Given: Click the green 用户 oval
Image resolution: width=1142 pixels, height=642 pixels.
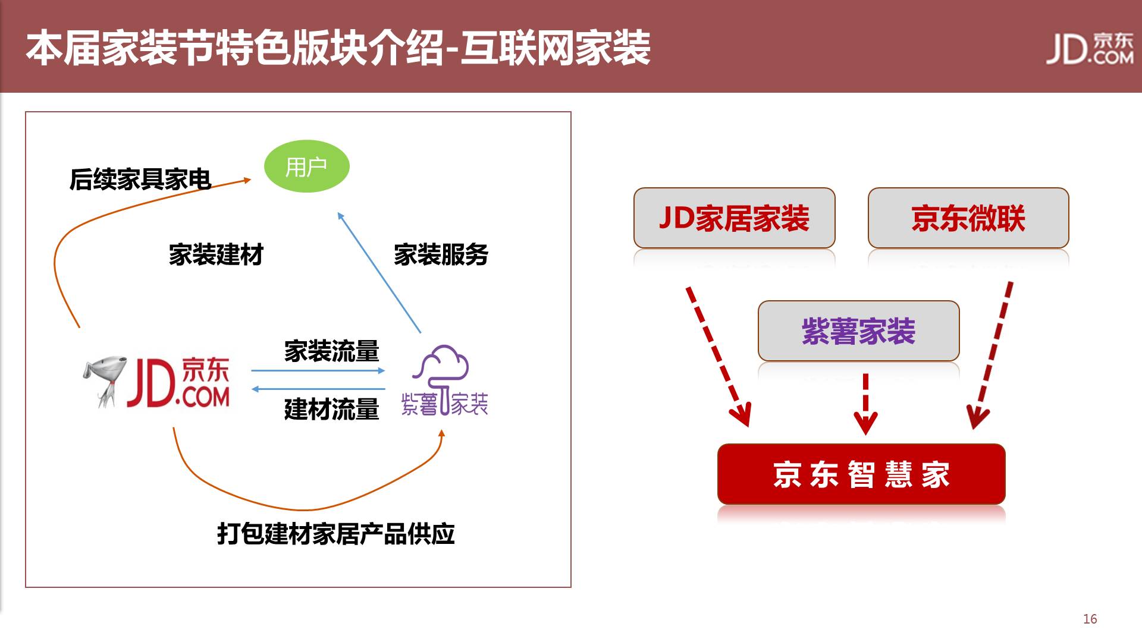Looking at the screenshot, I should [306, 166].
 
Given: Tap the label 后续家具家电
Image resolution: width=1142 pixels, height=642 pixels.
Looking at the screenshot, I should [140, 179].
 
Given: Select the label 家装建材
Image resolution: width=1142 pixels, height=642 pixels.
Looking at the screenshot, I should [216, 254].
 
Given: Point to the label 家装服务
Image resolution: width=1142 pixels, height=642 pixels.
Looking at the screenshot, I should [441, 254].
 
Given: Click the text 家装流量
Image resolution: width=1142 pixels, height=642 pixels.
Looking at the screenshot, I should [331, 351].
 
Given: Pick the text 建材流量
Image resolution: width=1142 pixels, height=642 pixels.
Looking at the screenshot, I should [331, 410].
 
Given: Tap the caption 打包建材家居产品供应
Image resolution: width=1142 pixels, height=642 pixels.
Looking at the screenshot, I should [336, 534].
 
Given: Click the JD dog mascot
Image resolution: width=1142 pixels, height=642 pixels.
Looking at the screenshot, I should [104, 380].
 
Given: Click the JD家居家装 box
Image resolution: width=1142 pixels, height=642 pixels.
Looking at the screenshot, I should [734, 218].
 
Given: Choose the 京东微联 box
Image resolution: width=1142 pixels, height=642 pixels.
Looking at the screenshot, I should [968, 218].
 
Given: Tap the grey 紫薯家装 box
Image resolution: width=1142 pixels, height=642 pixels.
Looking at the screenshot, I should [858, 331].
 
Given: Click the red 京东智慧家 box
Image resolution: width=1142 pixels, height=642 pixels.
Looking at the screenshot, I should [861, 474].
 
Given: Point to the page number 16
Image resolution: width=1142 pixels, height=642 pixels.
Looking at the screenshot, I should [1090, 619].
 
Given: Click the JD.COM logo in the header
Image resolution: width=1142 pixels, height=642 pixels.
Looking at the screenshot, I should [1090, 48].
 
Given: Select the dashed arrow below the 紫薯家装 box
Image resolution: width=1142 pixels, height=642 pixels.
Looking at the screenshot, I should [865, 404].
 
